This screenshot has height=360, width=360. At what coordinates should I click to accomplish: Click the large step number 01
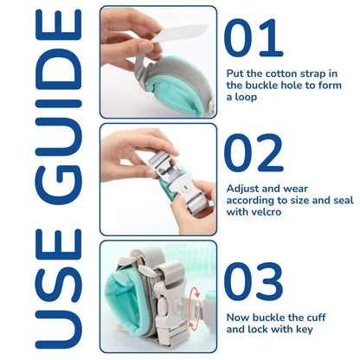click(x=254, y=38)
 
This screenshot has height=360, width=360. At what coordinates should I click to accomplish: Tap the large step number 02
click(x=254, y=152)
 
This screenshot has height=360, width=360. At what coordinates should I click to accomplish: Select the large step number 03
click(x=254, y=281)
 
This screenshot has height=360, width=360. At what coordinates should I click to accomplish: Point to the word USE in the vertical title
click(x=59, y=289)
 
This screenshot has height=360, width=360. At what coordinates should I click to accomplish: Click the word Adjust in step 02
click(x=241, y=190)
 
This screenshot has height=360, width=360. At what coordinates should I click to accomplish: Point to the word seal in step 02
click(x=344, y=200)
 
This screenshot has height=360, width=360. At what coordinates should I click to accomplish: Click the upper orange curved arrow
click(x=194, y=292)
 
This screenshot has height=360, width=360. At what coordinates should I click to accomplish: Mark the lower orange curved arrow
click(x=193, y=325)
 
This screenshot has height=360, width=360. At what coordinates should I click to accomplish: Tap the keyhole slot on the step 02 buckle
click(x=185, y=188)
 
